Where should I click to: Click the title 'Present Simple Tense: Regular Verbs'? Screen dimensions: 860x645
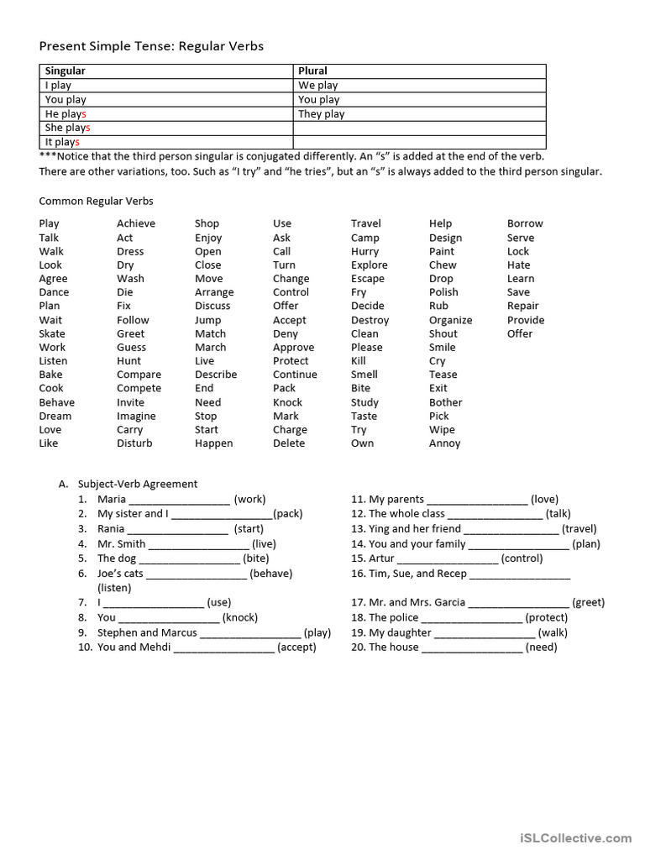151,46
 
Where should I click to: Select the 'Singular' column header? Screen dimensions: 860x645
65,71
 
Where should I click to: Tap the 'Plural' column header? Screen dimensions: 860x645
312,71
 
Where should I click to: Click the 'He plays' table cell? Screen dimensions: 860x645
66,114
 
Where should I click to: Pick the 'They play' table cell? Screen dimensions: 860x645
321,114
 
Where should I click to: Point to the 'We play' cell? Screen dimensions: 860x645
317,86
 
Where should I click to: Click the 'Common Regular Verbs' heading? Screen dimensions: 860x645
96,202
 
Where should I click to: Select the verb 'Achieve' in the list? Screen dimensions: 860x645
136,223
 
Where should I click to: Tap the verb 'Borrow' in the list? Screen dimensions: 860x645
525,223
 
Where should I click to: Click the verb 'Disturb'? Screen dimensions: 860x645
134,443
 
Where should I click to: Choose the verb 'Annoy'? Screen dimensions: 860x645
444,443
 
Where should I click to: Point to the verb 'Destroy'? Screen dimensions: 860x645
370,320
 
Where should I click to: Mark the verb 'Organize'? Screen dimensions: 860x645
450,320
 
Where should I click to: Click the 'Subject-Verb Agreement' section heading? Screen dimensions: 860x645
138,484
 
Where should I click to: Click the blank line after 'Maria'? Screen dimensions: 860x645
179,500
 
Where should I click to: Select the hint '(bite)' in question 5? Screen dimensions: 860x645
256,558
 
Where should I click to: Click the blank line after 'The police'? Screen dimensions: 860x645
471,618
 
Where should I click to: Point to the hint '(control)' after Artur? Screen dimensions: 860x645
522,558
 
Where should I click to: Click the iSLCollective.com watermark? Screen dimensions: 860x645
575,838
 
